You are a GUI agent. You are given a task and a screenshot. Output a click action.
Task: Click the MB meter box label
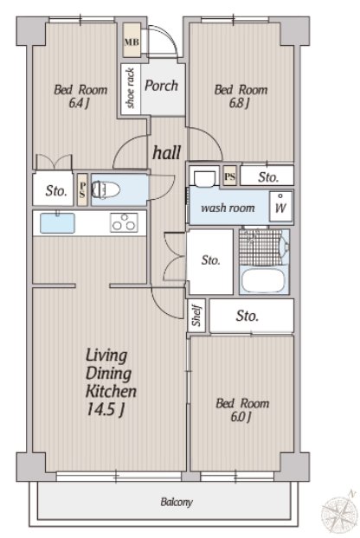[x=132, y=42]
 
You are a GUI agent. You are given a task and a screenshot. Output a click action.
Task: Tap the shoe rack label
[x=130, y=88]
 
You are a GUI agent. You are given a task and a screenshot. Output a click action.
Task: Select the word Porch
[x=161, y=86]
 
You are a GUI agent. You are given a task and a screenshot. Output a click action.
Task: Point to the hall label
[x=167, y=152]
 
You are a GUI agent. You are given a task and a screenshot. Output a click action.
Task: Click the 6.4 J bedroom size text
[x=79, y=103]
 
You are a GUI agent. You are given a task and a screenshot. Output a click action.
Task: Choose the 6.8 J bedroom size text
[x=239, y=103]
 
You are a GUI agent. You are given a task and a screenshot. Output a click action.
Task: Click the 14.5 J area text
[x=105, y=409]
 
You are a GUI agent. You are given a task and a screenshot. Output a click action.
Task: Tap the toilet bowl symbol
[x=106, y=189]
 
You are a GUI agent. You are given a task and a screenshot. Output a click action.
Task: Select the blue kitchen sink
[x=57, y=223]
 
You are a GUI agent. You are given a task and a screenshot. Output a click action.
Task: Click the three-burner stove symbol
[x=125, y=222]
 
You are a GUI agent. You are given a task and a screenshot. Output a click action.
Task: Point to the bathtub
[x=263, y=280]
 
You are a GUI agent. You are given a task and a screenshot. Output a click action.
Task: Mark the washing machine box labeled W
[x=280, y=207]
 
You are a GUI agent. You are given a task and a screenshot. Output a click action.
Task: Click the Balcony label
[x=177, y=503]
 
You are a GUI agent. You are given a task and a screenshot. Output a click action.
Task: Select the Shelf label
[x=196, y=316]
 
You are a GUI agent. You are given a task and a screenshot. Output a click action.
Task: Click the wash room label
[x=228, y=208]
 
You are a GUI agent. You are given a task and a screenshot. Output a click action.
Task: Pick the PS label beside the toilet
[x=82, y=189]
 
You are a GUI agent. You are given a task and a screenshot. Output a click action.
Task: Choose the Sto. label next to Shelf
[x=247, y=316]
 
